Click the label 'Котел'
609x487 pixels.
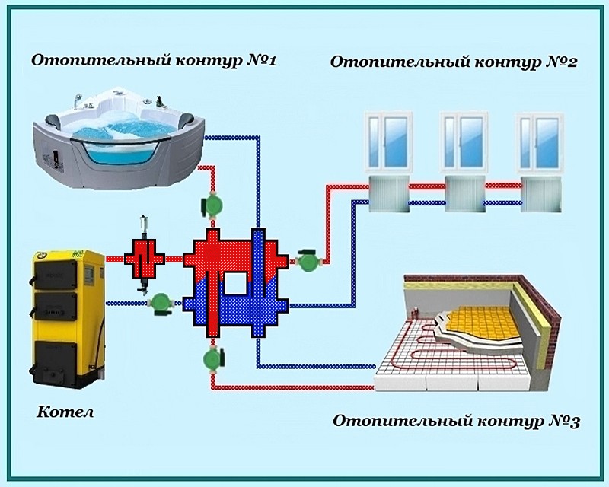(65, 412)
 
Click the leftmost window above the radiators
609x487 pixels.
(389, 142)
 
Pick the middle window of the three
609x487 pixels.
(466, 142)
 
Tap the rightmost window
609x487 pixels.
(543, 142)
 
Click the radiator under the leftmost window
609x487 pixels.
(389, 193)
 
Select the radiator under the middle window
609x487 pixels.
(466, 193)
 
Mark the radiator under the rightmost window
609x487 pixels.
(543, 193)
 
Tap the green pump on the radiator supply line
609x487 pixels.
(308, 260)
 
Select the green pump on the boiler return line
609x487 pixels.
(160, 302)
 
